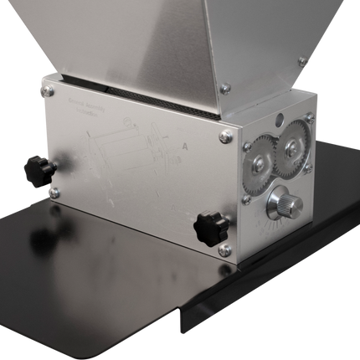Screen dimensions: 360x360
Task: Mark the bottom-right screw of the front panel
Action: [224, 249]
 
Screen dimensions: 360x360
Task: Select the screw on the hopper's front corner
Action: [224, 87]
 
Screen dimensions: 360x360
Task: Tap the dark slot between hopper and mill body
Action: [134, 90]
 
